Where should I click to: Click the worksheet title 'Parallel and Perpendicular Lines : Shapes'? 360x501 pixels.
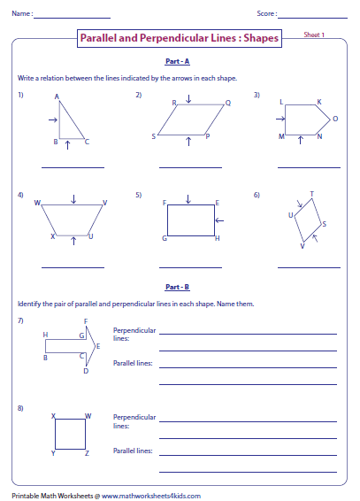click(x=180, y=39)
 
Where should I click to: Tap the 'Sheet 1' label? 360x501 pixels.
click(x=314, y=35)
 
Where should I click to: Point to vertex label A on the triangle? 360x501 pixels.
click(x=57, y=96)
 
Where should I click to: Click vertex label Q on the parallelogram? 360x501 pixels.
click(x=227, y=103)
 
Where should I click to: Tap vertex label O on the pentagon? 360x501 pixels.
click(x=335, y=118)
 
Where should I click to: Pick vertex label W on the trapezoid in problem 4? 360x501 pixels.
click(x=38, y=203)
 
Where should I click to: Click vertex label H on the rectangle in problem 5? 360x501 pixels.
click(x=218, y=239)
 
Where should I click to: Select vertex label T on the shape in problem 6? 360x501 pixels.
click(x=311, y=194)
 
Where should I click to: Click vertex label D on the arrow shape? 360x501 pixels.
click(x=86, y=371)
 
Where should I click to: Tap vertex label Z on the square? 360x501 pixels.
click(x=87, y=452)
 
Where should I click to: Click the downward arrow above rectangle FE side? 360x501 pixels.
click(x=190, y=197)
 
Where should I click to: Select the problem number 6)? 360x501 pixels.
click(x=257, y=194)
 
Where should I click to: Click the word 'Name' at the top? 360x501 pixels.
click(x=22, y=14)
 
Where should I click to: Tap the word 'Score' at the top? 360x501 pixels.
click(x=265, y=14)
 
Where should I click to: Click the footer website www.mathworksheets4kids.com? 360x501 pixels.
click(x=151, y=495)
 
